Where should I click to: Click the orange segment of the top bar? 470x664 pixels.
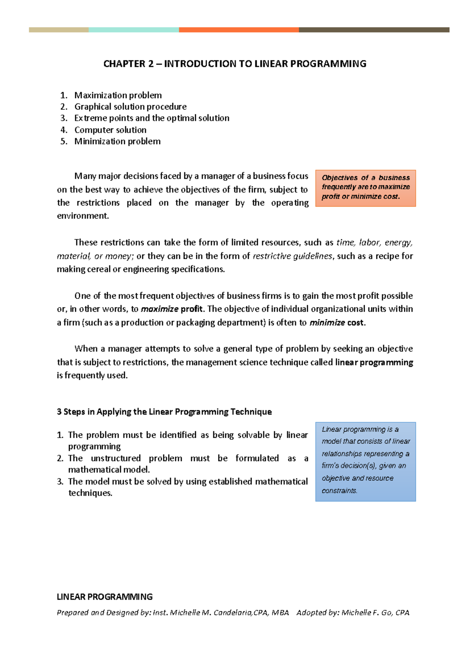[239, 30]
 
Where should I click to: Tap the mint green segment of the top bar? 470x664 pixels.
[134, 30]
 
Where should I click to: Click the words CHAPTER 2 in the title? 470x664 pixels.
[128, 64]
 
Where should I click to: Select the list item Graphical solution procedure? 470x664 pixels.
[130, 106]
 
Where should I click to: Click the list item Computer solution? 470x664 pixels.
[110, 130]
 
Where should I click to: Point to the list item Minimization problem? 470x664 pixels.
[117, 141]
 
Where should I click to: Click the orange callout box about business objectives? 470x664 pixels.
[365, 188]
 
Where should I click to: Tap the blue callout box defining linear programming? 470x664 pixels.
[365, 461]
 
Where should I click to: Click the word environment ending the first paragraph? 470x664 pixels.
[82, 216]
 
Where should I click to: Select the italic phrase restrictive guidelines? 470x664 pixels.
[293, 256]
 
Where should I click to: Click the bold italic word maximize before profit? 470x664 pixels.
[159, 309]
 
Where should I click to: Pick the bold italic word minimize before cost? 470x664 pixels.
[327, 323]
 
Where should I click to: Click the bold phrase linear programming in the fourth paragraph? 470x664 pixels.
[374, 362]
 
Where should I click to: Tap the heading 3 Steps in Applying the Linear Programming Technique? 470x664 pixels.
[164, 412]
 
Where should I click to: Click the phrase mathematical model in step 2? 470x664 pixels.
[108, 469]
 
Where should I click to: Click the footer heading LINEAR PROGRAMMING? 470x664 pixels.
[105, 597]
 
